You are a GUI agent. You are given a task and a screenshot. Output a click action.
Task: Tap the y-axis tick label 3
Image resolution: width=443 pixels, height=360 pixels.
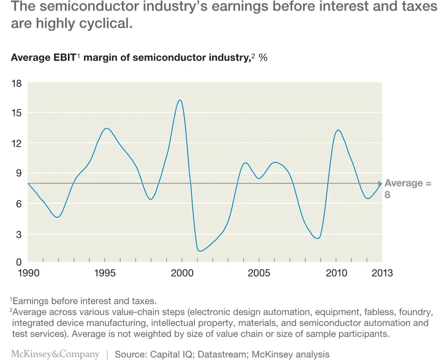(x=18, y=234)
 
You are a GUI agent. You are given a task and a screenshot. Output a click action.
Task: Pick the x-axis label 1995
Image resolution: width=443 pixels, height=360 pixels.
(x=105, y=273)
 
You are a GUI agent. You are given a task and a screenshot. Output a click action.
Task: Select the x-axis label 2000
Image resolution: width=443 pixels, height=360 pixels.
(x=182, y=273)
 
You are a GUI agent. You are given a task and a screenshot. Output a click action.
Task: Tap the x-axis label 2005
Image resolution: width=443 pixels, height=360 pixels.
(x=259, y=273)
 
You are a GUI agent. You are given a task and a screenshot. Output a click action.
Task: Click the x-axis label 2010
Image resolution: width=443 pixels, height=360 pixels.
(x=336, y=273)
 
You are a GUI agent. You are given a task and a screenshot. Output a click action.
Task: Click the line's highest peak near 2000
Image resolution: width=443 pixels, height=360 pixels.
(x=180, y=100)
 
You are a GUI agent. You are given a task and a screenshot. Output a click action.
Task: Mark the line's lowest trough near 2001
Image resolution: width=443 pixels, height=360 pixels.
(x=200, y=251)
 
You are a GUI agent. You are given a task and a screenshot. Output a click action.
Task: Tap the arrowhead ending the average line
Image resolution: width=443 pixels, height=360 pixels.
(x=380, y=183)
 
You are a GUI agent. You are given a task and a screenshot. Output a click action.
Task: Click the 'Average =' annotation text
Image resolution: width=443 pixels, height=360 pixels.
(x=408, y=183)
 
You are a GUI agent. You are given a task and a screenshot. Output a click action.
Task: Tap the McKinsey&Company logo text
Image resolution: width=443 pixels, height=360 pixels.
(x=55, y=354)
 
